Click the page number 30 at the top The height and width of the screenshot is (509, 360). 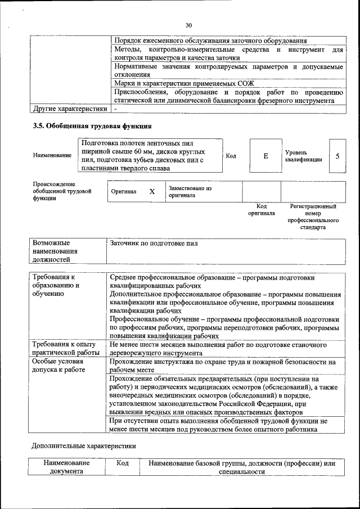pos(188,25)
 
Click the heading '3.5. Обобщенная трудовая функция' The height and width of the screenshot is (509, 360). pos(92,126)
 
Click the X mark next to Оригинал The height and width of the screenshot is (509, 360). pos(152,191)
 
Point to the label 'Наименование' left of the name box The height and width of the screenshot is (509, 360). pos(52,156)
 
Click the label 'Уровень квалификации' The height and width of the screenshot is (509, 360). pos(304,156)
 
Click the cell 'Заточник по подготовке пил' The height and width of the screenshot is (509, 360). pos(154,244)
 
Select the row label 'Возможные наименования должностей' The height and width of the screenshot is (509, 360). pos(55,251)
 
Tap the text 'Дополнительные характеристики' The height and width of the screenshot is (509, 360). pos(83,445)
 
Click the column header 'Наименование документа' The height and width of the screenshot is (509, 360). pos(66,467)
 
